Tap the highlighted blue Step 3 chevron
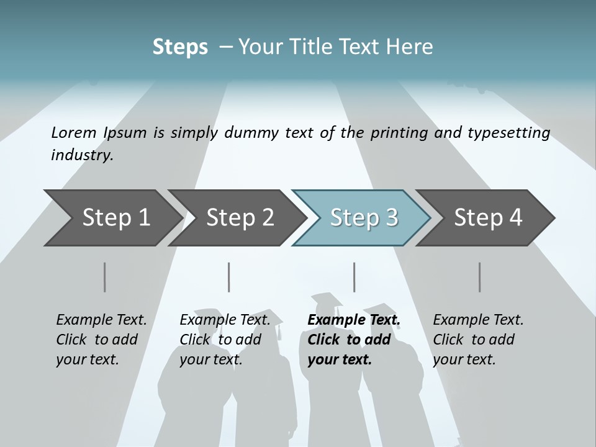click(363, 218)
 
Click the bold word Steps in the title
click(180, 47)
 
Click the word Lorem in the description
click(74, 133)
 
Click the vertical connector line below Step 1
click(105, 277)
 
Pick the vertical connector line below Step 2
click(229, 277)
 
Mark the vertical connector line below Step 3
click(354, 277)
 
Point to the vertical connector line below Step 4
click(479, 277)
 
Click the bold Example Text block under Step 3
click(353, 340)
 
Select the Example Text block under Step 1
click(101, 340)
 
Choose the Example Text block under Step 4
click(477, 340)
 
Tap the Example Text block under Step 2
click(225, 340)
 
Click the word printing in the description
click(397, 133)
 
